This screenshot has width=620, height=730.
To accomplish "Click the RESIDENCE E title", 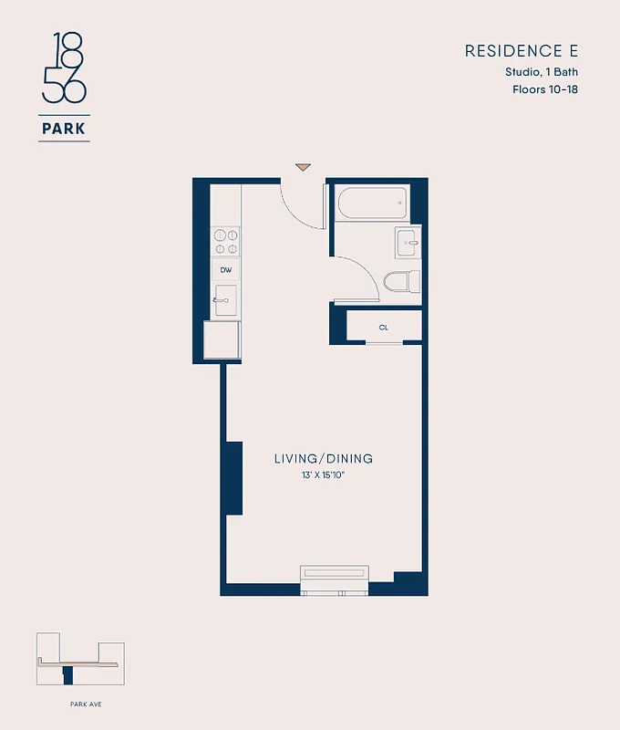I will (x=521, y=51).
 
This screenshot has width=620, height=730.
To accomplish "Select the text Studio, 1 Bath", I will (x=542, y=72).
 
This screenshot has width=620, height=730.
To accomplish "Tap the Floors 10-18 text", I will (x=544, y=89).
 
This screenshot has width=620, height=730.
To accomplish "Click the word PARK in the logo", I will (x=64, y=129).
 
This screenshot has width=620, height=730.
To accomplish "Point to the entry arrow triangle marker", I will (x=303, y=167).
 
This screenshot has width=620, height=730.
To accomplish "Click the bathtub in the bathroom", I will (x=372, y=203).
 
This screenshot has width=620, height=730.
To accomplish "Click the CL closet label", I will (x=384, y=327).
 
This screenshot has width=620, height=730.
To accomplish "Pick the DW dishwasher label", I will (x=225, y=270).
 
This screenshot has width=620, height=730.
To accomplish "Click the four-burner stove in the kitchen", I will (x=225, y=241).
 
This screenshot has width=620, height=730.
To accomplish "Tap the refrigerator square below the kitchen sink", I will (x=223, y=340).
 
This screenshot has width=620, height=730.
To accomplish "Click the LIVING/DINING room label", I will (x=324, y=459).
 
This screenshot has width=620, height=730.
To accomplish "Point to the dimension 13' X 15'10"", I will (x=324, y=475).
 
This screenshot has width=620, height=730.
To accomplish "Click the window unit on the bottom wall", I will (x=335, y=579).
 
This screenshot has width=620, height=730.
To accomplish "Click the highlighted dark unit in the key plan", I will (x=67, y=676).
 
